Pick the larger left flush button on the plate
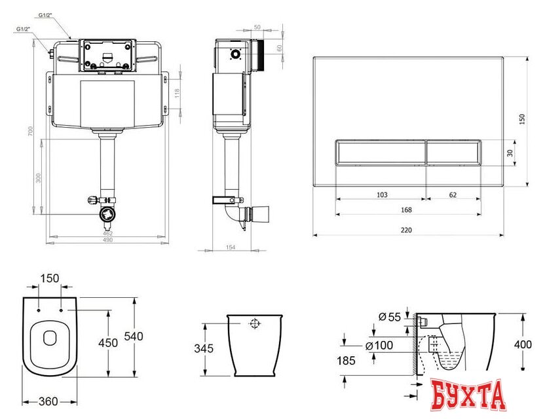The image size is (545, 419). click(381, 154)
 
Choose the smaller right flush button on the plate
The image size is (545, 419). click(453, 154)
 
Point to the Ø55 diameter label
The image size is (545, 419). click(390, 318)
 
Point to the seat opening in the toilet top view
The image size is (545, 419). click(50, 338)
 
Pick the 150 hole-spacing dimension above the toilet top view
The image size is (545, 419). click(50, 278)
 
